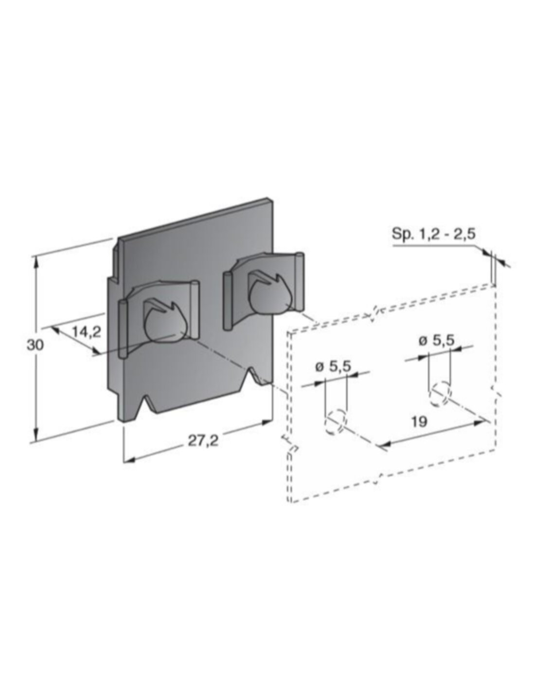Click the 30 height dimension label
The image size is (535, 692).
pyautogui.click(x=35, y=345)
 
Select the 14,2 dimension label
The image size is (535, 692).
pyautogui.click(x=86, y=332)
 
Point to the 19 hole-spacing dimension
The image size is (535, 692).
pyautogui.click(x=419, y=422)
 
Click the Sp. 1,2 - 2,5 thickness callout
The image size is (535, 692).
pyautogui.click(x=433, y=234)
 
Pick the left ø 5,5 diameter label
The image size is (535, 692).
pyautogui.click(x=333, y=366)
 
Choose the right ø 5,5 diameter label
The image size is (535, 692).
pyautogui.click(x=436, y=341)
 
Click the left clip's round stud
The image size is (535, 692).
pyautogui.click(x=164, y=327)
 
